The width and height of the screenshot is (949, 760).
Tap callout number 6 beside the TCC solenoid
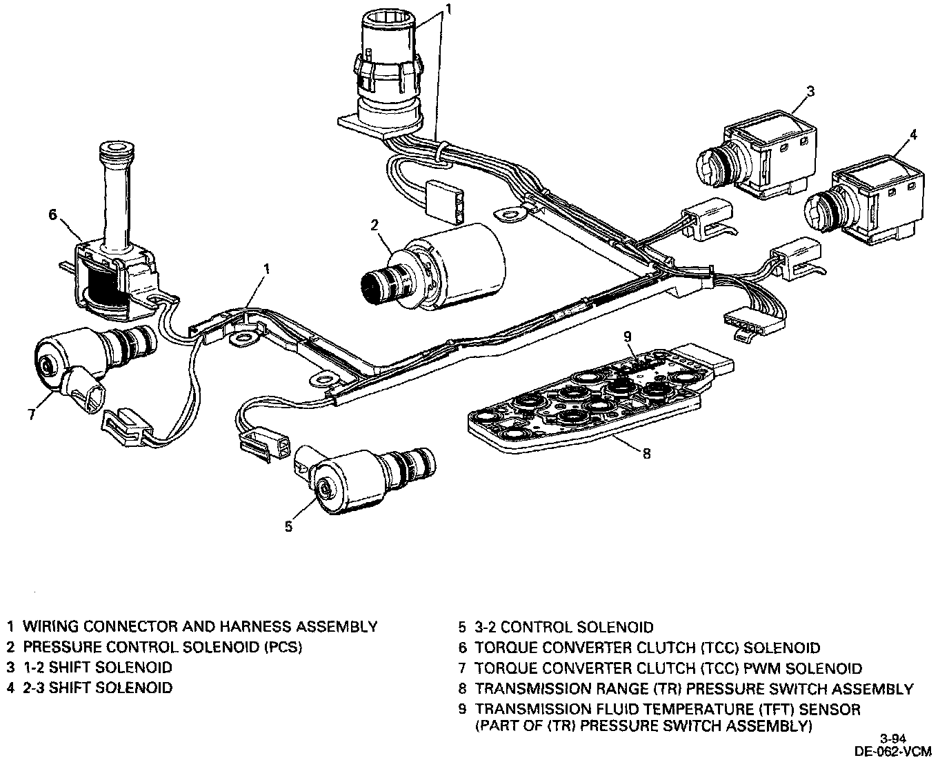(52, 214)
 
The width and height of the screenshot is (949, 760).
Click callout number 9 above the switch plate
(627, 337)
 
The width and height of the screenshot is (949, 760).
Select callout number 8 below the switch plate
(646, 453)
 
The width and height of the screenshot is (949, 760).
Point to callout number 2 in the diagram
(374, 224)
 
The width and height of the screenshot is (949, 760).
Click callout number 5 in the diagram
(288, 526)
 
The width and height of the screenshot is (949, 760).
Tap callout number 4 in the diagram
(913, 134)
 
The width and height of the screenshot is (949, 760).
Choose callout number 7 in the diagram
(31, 414)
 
